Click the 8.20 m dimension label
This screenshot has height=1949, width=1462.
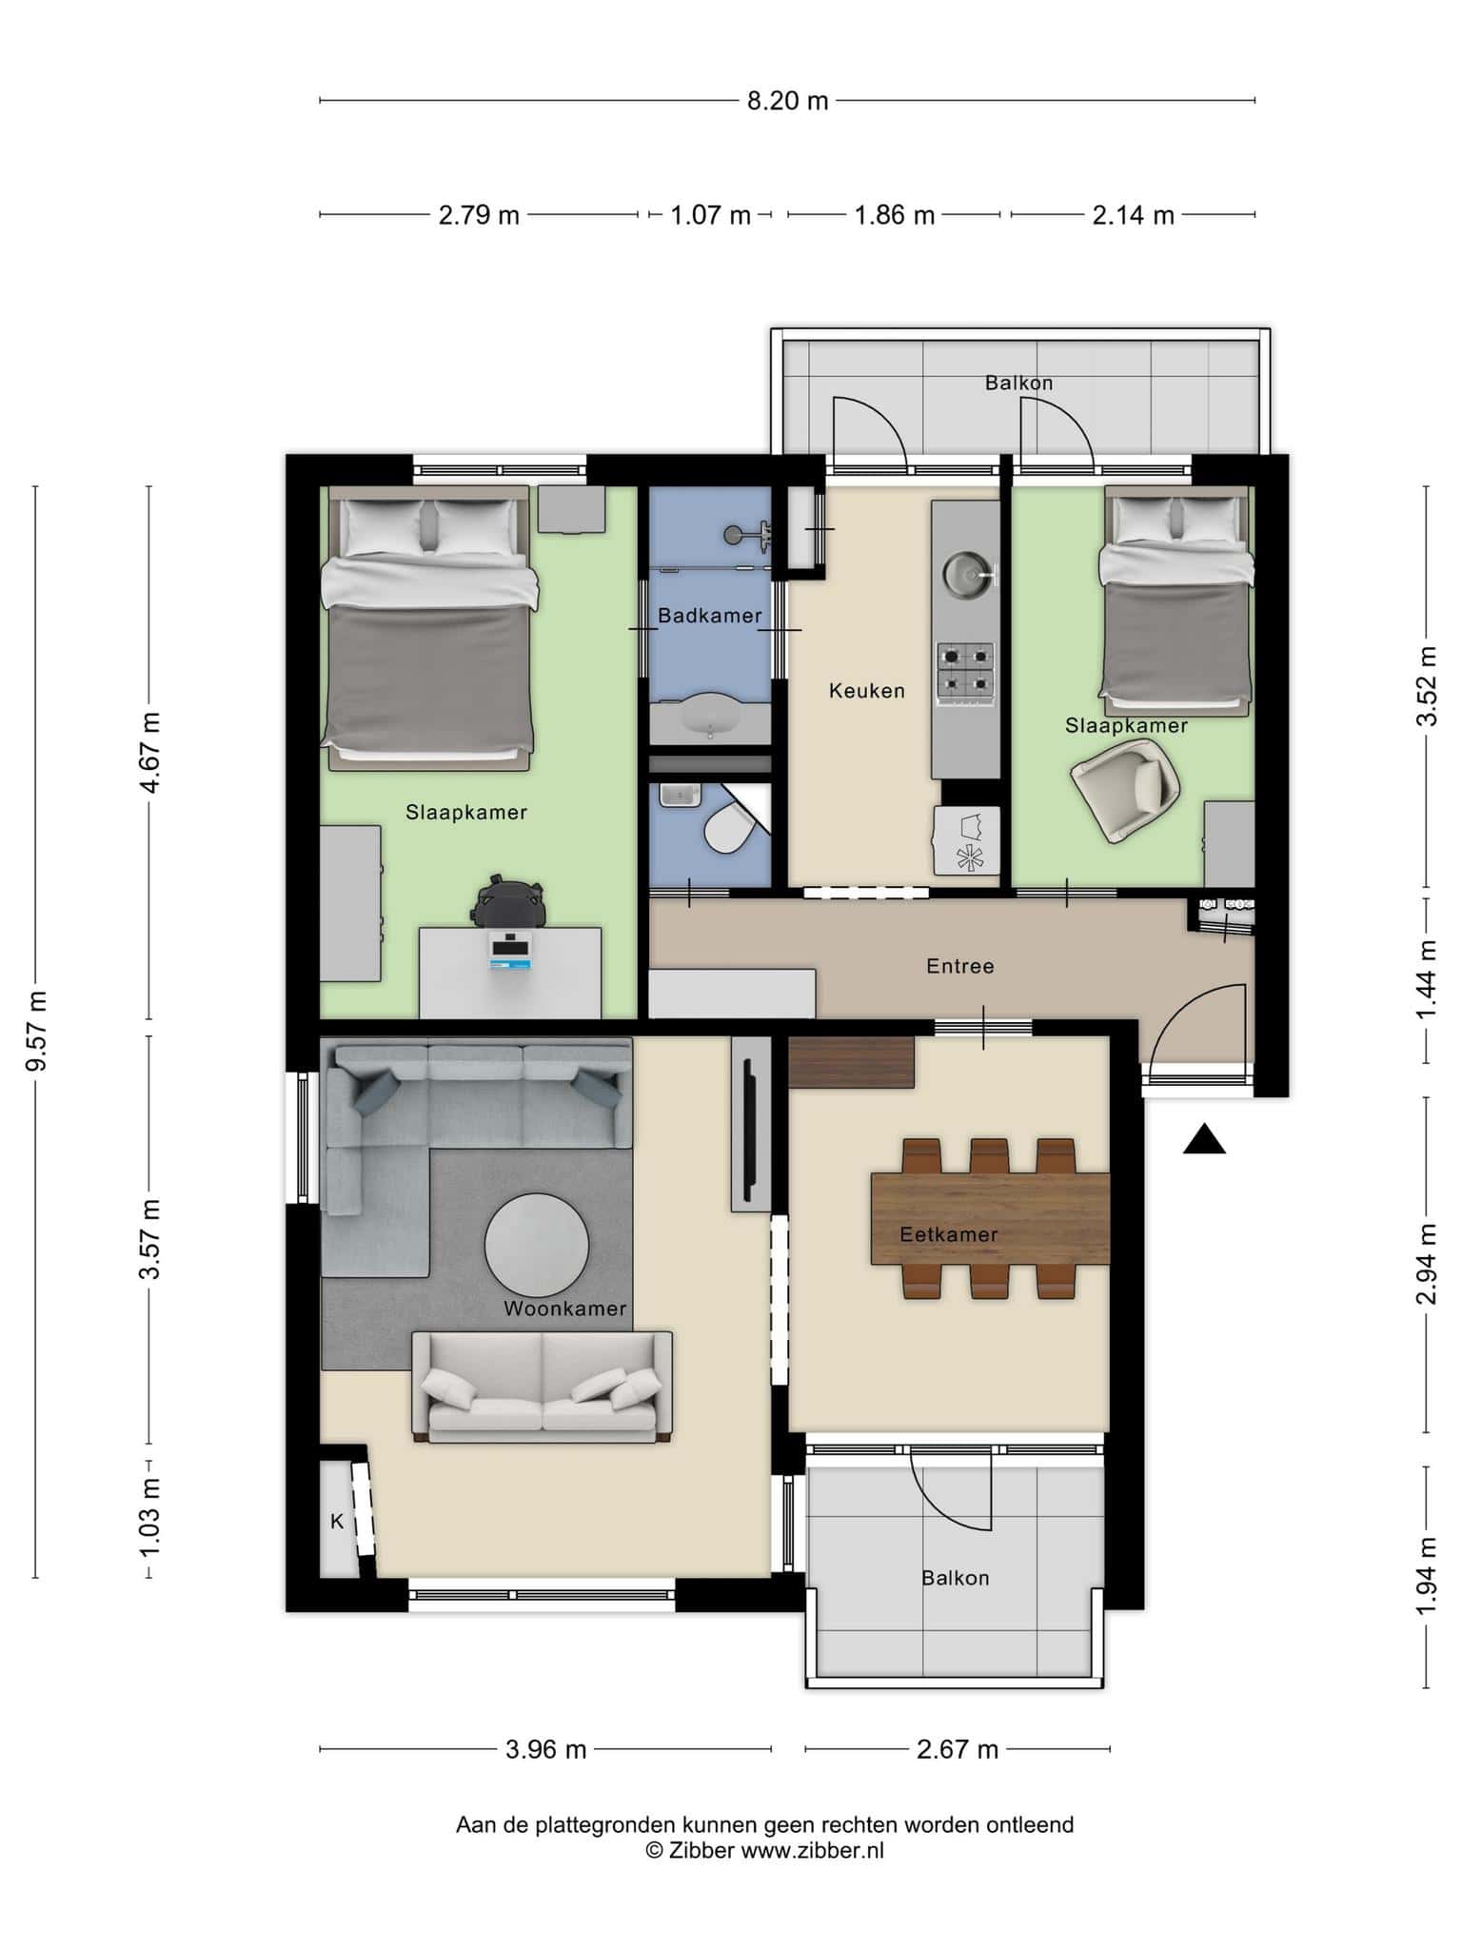[x=787, y=101]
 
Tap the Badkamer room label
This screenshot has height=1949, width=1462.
[x=710, y=616]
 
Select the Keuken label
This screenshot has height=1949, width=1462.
[x=866, y=691]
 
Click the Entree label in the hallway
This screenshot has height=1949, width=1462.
[x=960, y=966]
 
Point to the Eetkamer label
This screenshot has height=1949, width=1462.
[x=949, y=1234]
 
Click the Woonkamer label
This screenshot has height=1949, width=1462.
[x=564, y=1309]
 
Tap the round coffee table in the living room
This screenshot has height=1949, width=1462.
[x=537, y=1246]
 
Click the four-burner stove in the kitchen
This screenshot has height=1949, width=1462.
[x=966, y=671]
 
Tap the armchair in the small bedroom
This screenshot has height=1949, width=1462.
[x=1126, y=788]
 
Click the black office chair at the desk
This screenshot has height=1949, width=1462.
[x=509, y=899]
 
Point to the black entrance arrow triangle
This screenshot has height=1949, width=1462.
[x=1204, y=1138]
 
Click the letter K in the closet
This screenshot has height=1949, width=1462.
[x=337, y=1522]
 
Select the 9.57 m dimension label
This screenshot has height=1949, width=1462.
[x=36, y=1031]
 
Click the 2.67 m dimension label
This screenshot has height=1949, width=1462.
[x=958, y=1749]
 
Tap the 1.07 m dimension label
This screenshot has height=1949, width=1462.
[x=711, y=215]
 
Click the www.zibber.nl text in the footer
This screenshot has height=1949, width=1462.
[x=813, y=1851]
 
